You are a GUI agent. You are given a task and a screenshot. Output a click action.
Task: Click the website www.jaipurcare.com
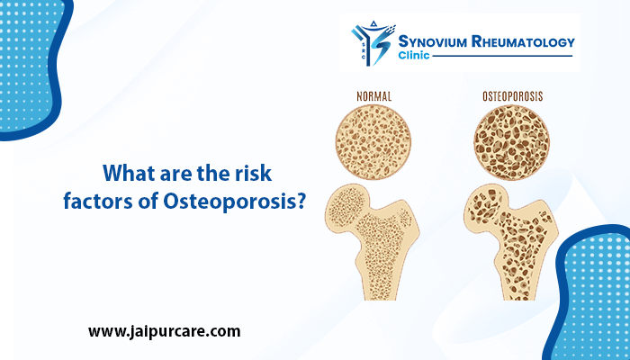click(164, 330)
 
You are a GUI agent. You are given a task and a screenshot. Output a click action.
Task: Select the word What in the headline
click(130, 172)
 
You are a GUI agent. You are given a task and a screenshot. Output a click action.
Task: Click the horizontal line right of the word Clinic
click(504, 57)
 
